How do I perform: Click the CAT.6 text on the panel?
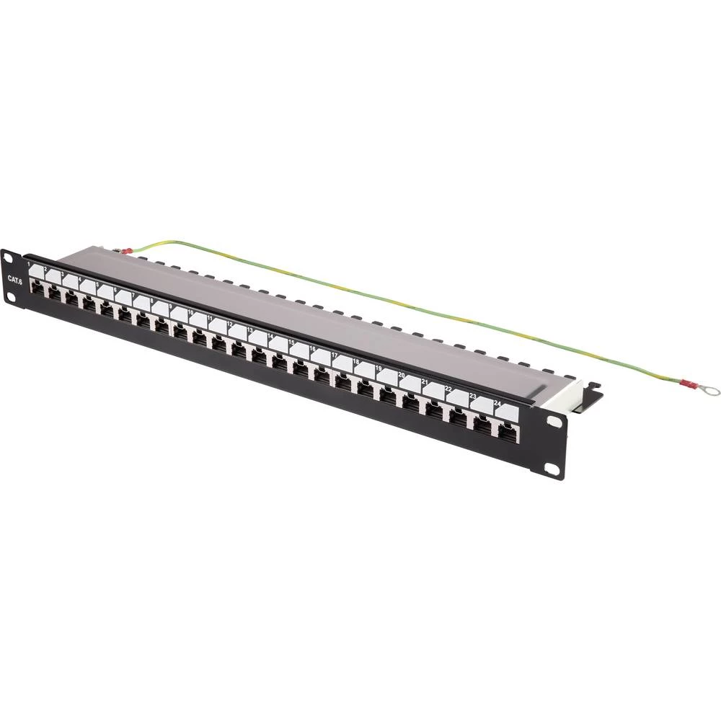(14, 279)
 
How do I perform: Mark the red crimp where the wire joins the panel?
(127, 252)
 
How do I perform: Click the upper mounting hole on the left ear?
(9, 258)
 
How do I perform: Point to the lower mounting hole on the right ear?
(551, 470)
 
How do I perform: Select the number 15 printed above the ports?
(291, 341)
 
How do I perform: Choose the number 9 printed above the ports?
(171, 305)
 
